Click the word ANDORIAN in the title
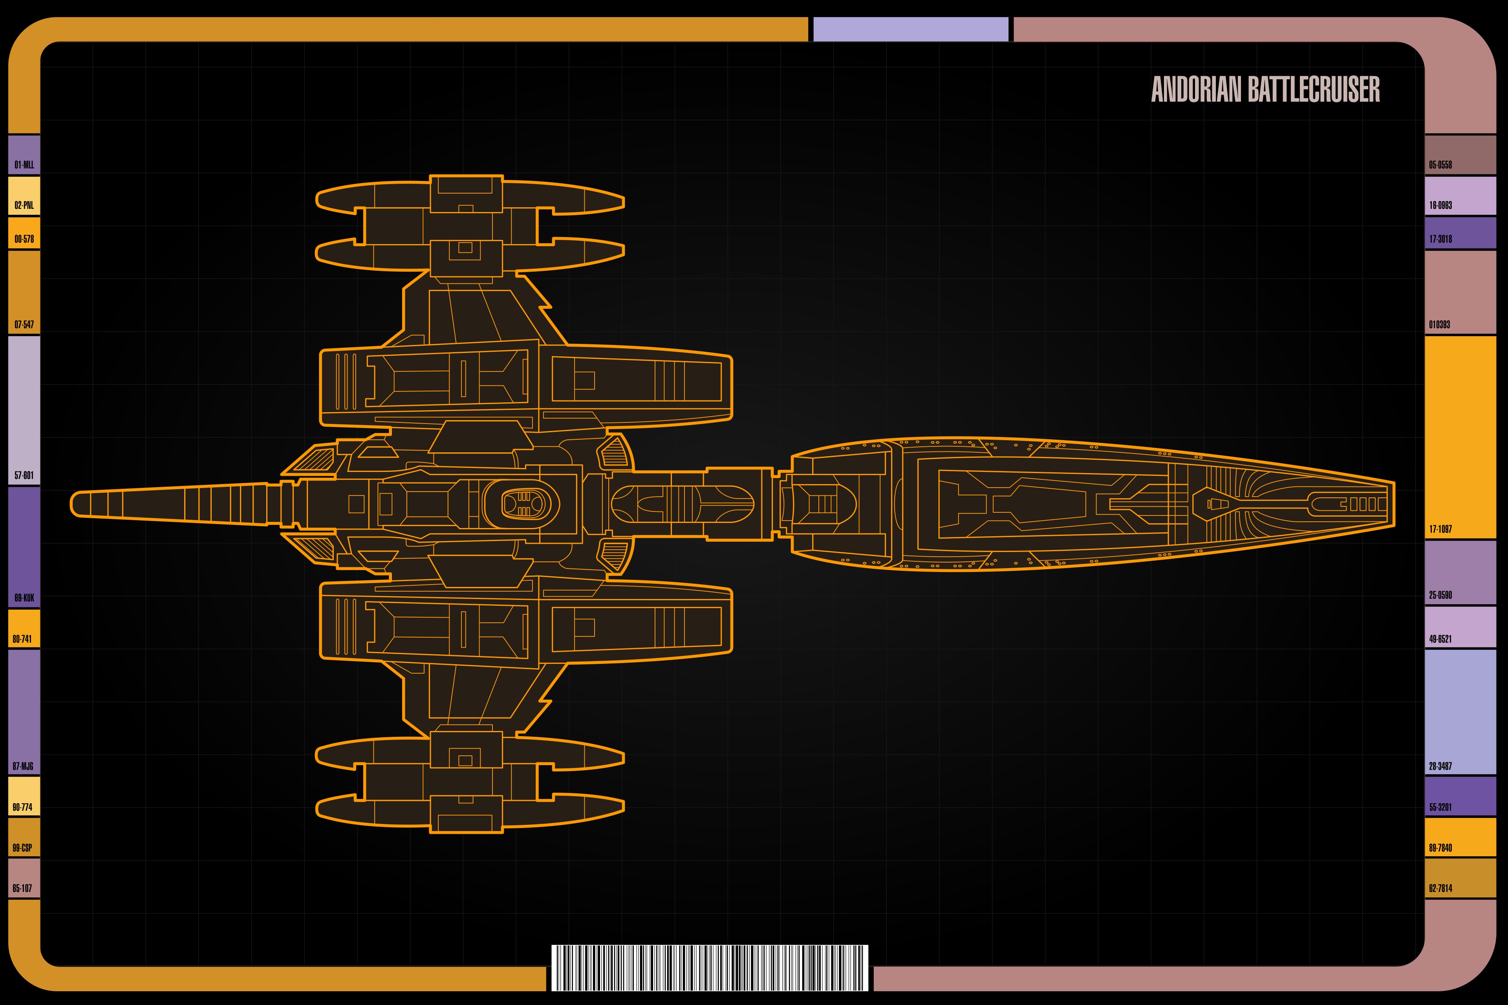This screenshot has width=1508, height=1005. (x=1197, y=90)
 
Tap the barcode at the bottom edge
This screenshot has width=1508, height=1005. (x=709, y=967)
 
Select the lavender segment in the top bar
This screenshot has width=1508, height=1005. (x=910, y=29)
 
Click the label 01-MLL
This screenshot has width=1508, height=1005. (x=24, y=165)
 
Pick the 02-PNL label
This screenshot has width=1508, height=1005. (x=24, y=205)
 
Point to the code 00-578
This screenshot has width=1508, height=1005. (x=24, y=239)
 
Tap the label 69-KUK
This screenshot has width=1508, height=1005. (x=24, y=598)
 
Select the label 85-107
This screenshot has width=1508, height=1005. (x=22, y=888)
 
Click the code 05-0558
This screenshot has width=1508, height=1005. (x=1441, y=165)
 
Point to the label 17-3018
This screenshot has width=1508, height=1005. (x=1441, y=239)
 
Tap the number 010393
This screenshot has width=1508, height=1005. (x=1439, y=324)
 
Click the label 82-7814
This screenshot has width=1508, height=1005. (x=1441, y=888)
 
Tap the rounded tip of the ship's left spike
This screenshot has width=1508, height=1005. (x=72, y=504)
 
